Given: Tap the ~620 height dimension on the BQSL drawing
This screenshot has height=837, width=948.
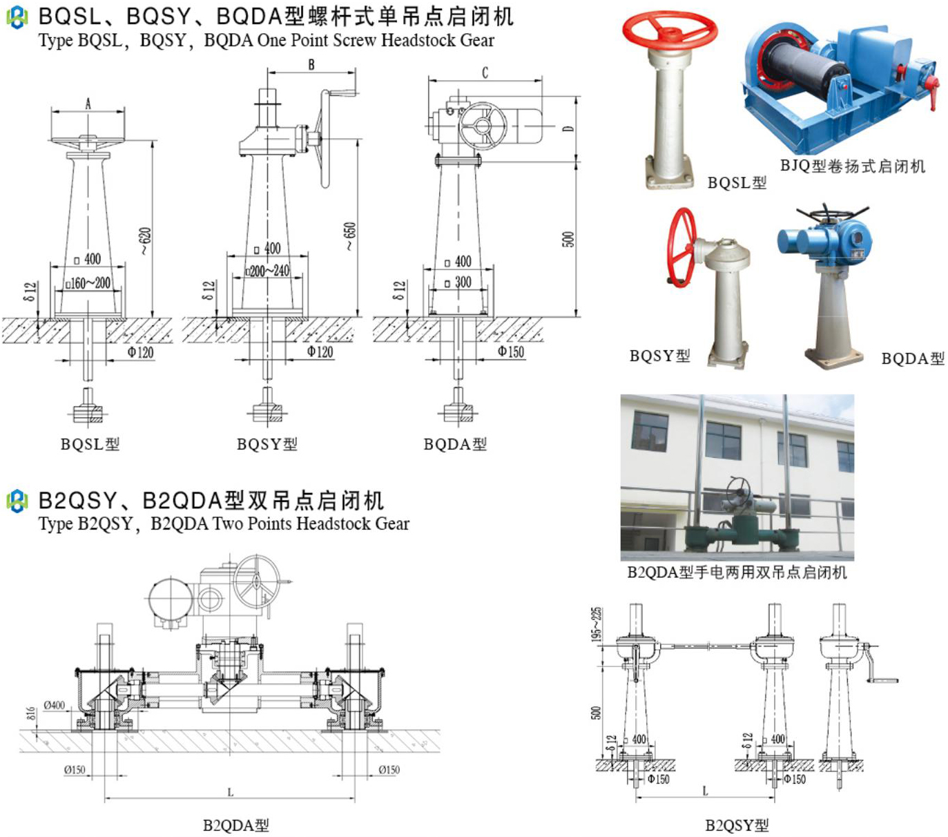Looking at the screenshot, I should (x=145, y=240).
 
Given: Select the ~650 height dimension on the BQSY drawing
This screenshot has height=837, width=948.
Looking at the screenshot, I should (x=350, y=235).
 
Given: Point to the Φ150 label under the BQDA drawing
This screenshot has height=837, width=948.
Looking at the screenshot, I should (x=511, y=352).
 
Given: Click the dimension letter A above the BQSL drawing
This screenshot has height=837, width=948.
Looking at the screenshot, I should (x=88, y=104).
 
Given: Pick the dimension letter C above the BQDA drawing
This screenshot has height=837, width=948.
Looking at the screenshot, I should (x=485, y=73).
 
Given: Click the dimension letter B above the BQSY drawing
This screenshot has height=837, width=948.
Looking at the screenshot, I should (x=311, y=64).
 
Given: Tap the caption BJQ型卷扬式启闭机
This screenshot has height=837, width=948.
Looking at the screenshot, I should (x=853, y=166).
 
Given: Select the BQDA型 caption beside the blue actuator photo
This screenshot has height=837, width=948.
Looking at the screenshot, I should (x=913, y=358).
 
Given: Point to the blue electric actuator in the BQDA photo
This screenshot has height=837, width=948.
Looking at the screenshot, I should (x=829, y=238).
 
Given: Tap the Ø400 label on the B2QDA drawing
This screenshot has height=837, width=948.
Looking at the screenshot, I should (x=55, y=705).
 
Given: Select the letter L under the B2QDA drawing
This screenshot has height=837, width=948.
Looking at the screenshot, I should (x=230, y=792).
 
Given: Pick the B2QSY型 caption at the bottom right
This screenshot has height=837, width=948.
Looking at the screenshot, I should (x=737, y=825).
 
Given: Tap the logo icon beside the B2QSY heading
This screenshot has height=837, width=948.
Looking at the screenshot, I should (x=17, y=501).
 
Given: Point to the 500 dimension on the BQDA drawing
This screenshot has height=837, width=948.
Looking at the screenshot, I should (x=568, y=239).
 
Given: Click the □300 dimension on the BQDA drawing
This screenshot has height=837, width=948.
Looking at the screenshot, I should (x=458, y=282).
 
